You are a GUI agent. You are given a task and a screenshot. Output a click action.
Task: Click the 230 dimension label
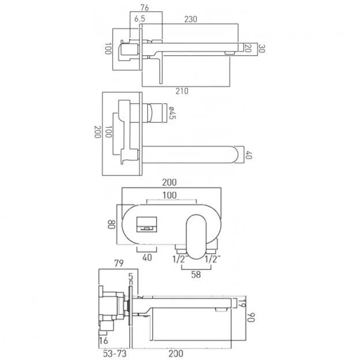(190, 18)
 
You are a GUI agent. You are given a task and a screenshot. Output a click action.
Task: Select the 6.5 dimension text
(139, 19)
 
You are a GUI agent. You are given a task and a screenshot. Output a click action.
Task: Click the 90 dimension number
(253, 317)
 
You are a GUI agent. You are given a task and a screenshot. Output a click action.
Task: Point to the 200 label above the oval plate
(170, 182)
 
